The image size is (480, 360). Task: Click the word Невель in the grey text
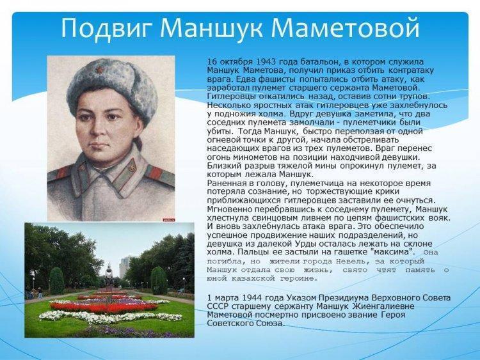click(350, 262)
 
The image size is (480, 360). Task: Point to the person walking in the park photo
click(40, 293)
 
